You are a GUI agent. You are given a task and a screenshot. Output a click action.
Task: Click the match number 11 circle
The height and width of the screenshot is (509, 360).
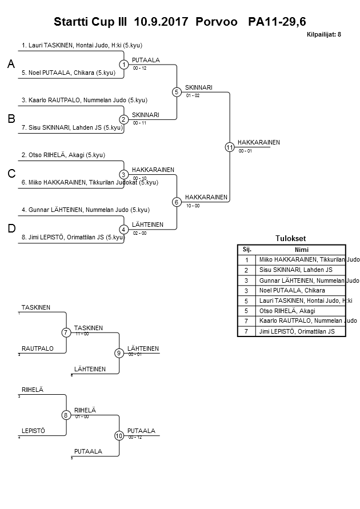click(230, 147)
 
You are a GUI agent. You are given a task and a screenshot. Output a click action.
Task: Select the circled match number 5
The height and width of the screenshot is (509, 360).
click(177, 91)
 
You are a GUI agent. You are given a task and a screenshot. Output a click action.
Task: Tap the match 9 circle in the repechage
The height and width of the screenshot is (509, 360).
click(119, 353)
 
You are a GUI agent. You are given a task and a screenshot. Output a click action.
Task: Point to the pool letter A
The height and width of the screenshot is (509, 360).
click(10, 65)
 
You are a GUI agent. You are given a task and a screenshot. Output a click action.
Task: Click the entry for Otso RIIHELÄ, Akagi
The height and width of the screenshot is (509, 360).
click(63, 155)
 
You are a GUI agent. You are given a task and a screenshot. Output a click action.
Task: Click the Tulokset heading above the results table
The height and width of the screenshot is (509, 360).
click(291, 239)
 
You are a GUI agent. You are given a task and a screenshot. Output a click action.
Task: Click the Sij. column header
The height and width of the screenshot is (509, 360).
click(247, 250)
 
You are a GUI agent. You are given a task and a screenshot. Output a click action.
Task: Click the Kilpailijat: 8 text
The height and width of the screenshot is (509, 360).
click(323, 34)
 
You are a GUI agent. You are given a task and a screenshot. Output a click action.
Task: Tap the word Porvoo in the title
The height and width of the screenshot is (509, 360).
click(217, 22)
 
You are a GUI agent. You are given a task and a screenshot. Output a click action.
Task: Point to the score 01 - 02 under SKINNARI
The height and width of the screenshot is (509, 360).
click(193, 95)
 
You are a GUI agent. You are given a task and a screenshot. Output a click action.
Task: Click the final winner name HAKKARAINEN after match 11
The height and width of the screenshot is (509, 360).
click(259, 142)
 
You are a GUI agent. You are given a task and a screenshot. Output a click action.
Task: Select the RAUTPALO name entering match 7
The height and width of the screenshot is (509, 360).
click(38, 348)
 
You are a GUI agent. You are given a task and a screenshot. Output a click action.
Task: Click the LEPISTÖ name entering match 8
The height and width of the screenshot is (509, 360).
click(33, 431)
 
